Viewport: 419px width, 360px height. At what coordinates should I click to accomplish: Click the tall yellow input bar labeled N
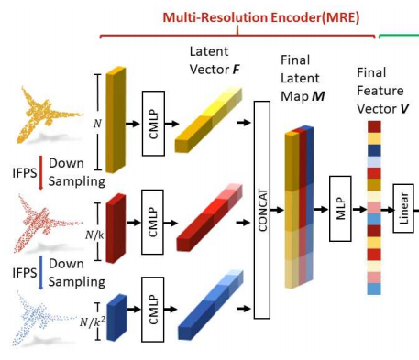pyautogui.click(x=114, y=120)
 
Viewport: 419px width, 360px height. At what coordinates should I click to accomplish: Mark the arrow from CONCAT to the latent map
pyautogui.click(x=280, y=210)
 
